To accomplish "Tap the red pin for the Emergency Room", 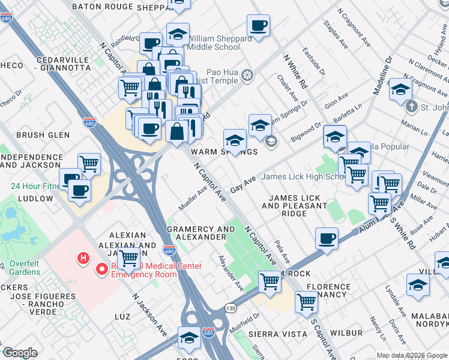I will click(103, 270).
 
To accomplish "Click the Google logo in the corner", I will click(20, 353).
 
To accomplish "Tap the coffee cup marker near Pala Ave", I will click(327, 238).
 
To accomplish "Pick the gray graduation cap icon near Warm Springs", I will click(271, 142).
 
